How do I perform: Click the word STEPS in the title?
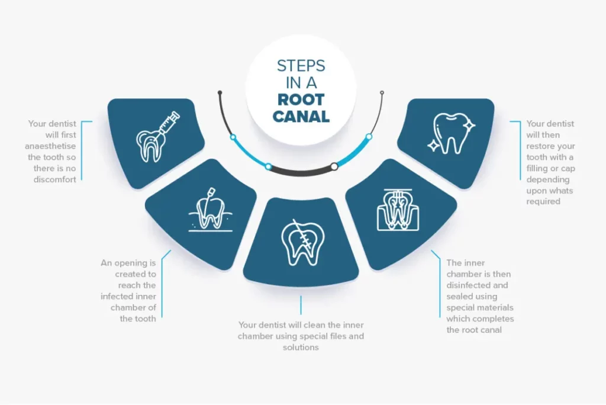click(x=301, y=65)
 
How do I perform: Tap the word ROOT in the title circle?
click(x=301, y=99)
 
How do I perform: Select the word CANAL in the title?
click(x=301, y=116)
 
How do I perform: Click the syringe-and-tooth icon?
click(x=155, y=137)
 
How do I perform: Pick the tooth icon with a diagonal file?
click(x=301, y=242)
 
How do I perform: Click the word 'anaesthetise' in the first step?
click(x=53, y=146)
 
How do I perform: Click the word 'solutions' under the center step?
click(x=301, y=348)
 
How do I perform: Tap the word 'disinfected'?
click(x=471, y=285)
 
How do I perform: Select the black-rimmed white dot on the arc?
click(x=334, y=166)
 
